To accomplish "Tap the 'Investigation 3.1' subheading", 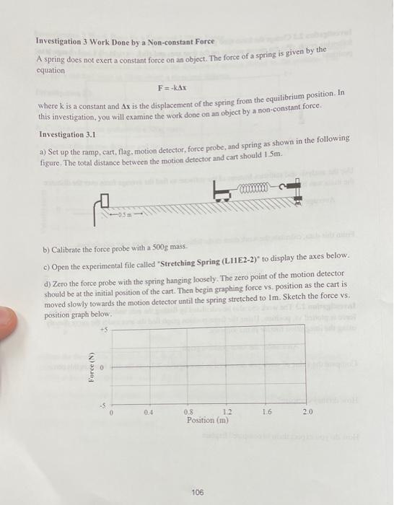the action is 67,134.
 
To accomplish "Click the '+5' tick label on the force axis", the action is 105,331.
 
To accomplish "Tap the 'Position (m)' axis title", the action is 208,420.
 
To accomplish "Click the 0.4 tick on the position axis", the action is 147,411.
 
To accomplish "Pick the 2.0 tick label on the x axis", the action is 307,411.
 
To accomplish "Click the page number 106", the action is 198,492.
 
